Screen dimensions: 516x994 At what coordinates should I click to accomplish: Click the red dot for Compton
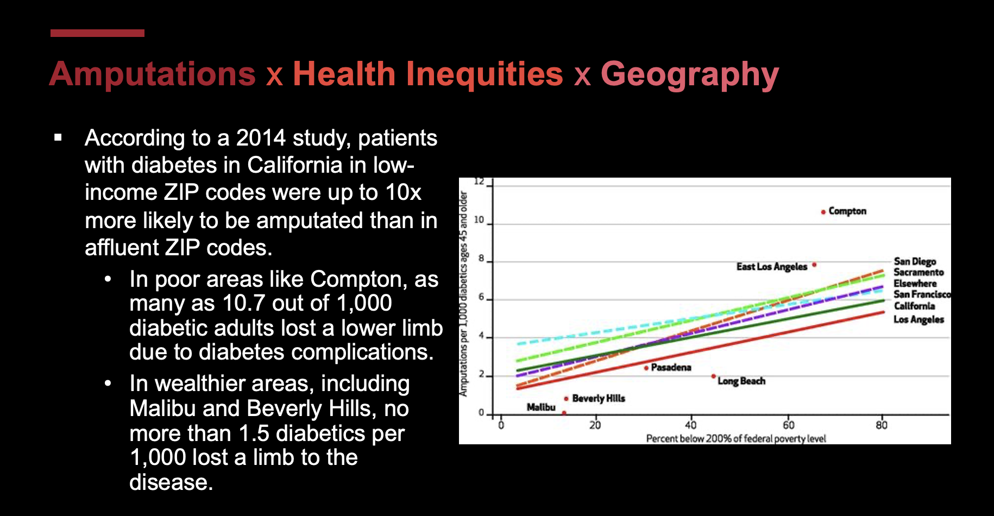[823, 212]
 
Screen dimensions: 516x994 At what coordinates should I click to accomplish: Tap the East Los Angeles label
[771, 267]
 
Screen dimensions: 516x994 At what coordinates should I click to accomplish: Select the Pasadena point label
[671, 368]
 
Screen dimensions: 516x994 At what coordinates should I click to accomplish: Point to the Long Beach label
[741, 381]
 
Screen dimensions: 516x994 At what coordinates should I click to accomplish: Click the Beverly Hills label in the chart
[599, 399]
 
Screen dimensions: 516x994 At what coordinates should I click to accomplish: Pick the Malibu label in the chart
[541, 407]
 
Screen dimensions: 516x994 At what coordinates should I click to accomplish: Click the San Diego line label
[915, 262]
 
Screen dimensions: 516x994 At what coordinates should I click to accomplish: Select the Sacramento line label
[918, 273]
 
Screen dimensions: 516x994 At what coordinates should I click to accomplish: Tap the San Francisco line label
[922, 294]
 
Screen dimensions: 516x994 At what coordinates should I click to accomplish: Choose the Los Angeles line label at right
[918, 319]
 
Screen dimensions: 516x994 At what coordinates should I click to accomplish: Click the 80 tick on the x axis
[881, 425]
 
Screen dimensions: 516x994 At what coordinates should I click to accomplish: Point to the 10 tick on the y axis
[479, 220]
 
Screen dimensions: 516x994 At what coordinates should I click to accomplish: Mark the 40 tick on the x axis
[690, 425]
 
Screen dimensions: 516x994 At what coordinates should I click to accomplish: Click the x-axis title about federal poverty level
[735, 439]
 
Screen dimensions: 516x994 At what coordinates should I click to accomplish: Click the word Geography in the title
[689, 74]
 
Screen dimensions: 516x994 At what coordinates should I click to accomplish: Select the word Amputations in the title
[153, 74]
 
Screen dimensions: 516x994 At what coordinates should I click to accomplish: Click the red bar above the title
[97, 33]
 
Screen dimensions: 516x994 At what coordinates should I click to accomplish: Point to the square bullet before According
[58, 138]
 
